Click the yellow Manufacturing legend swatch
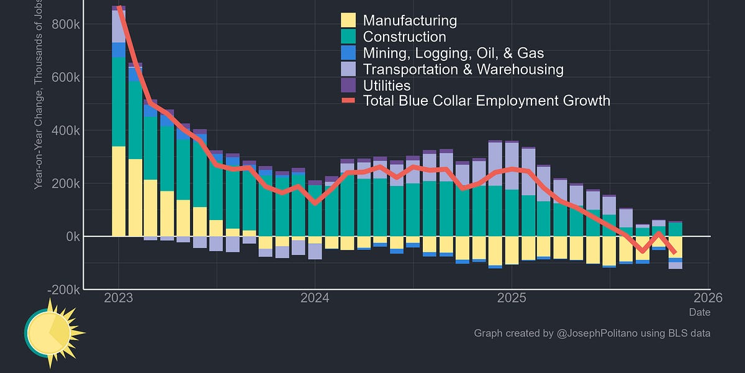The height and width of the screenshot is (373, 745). click(x=348, y=21)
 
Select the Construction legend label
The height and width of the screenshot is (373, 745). click(x=404, y=37)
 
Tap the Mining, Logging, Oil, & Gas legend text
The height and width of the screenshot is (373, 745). click(x=453, y=53)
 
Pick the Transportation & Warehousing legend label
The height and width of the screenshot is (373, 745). click(x=463, y=70)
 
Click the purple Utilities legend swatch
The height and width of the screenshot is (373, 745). click(x=348, y=86)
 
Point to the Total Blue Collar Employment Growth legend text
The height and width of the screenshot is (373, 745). click(x=486, y=101)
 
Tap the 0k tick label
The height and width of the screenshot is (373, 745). click(x=68, y=237)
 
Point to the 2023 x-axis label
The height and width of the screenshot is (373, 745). click(x=119, y=298)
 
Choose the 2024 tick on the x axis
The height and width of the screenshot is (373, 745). click(x=315, y=298)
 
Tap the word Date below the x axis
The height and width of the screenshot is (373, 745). click(x=700, y=312)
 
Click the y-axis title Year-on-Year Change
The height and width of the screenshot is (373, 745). click(x=38, y=124)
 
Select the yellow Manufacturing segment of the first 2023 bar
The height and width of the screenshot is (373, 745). click(x=119, y=191)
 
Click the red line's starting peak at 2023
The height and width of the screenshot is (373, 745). click(x=119, y=9)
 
